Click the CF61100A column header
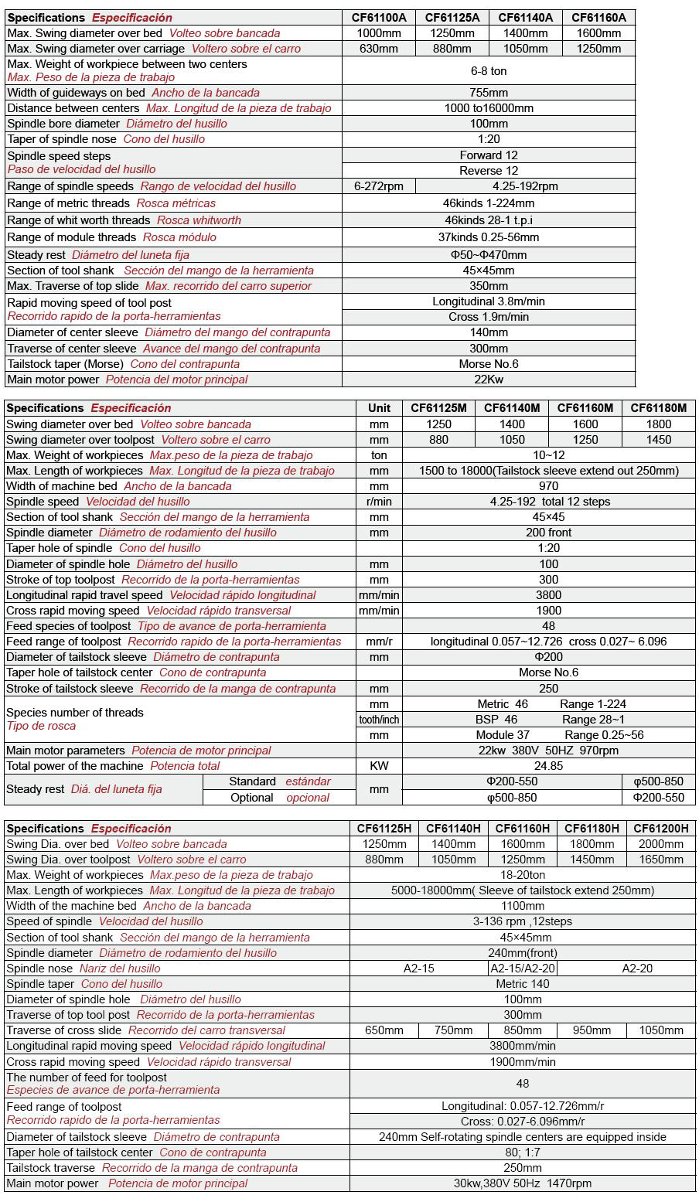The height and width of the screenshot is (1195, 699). pyautogui.click(x=379, y=17)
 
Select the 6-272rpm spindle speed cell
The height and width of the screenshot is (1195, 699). pyautogui.click(x=378, y=186)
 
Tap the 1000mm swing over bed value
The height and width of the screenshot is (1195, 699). pyautogui.click(x=379, y=33)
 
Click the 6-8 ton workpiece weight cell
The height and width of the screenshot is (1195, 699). pyautogui.click(x=489, y=70)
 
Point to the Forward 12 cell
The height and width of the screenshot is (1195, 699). pyautogui.click(x=489, y=155)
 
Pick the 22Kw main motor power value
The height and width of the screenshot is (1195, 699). pyautogui.click(x=489, y=380)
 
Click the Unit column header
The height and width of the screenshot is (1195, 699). pyautogui.click(x=379, y=408)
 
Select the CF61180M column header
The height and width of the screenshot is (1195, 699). pyautogui.click(x=658, y=408)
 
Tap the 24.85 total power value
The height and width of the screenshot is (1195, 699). pyautogui.click(x=548, y=766)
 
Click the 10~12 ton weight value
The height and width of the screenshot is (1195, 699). pyautogui.click(x=548, y=455)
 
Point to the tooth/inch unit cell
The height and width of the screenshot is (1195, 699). pyautogui.click(x=379, y=720)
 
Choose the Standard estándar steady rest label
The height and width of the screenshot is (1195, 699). pyautogui.click(x=279, y=781)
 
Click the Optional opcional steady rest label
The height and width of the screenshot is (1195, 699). pyautogui.click(x=279, y=798)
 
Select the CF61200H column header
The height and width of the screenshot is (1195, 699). pyautogui.click(x=660, y=828)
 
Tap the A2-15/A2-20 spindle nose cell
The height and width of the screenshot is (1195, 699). pyautogui.click(x=523, y=969)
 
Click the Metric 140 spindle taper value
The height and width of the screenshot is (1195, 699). pyautogui.click(x=523, y=984)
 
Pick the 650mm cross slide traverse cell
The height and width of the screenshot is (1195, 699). pyautogui.click(x=384, y=1030)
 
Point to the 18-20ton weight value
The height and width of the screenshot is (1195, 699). pyautogui.click(x=523, y=875)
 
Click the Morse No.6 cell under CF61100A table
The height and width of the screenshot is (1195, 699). pyautogui.click(x=489, y=364)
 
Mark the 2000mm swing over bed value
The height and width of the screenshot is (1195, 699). pyautogui.click(x=660, y=844)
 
